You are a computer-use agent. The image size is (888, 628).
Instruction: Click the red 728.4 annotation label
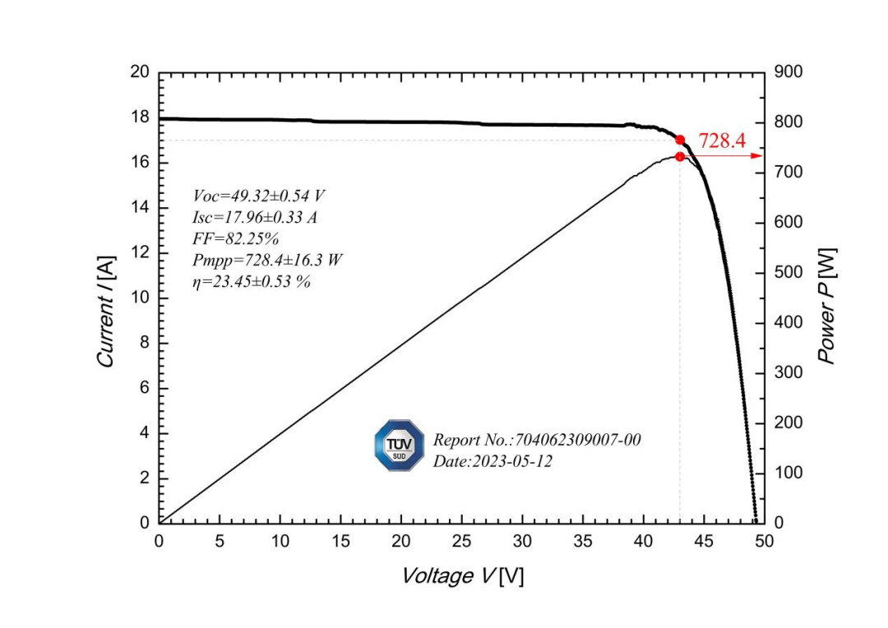tap(722, 141)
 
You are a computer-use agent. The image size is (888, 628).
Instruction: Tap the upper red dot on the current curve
tap(680, 140)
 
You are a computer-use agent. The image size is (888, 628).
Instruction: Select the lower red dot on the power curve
tap(680, 156)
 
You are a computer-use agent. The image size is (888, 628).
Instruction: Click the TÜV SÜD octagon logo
tap(400, 445)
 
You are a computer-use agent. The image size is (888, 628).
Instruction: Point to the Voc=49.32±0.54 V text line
tap(259, 196)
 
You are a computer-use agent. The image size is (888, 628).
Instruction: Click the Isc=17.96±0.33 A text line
tap(255, 217)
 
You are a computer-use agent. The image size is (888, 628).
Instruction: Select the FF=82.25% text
tap(236, 238)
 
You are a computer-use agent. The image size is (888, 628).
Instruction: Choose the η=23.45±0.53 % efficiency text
tap(252, 281)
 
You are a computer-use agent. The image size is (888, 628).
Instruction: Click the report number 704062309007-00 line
tap(537, 440)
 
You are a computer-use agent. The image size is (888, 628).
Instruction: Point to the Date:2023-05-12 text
tap(493, 461)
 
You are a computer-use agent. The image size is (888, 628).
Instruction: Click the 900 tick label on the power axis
tap(787, 72)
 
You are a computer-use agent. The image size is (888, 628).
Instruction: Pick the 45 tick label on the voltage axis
tap(704, 542)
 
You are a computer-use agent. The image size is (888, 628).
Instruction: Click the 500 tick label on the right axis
tap(787, 273)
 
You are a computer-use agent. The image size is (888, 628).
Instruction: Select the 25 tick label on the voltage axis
tap(461, 542)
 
